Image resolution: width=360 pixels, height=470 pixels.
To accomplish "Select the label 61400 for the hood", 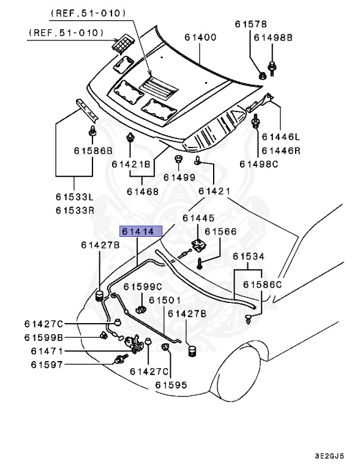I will pyautogui.click(x=200, y=37).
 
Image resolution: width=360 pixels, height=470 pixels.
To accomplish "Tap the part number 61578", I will pyautogui.click(x=251, y=24).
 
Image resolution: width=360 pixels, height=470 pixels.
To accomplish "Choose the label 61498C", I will pyautogui.click(x=258, y=163).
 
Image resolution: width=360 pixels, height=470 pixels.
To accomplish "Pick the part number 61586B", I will pyautogui.click(x=93, y=151).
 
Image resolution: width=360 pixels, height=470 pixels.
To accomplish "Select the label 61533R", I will pyautogui.click(x=75, y=210).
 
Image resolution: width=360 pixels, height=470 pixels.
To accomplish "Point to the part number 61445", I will pyautogui.click(x=199, y=218).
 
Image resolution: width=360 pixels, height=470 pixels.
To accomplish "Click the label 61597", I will pyautogui.click(x=47, y=365).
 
